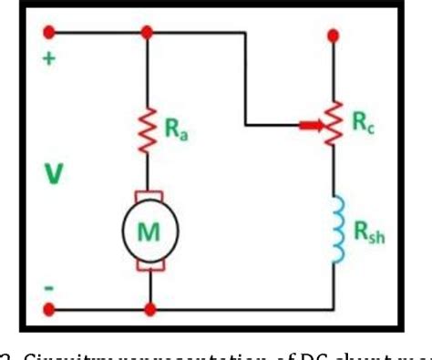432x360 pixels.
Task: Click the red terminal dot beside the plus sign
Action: pyautogui.click(x=49, y=33)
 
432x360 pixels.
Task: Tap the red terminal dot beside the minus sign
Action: pyautogui.click(x=49, y=309)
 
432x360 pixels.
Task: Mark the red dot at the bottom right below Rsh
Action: pyautogui.click(x=334, y=309)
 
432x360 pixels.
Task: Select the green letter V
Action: pyautogui.click(x=51, y=173)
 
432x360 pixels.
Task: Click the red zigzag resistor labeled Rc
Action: pyautogui.click(x=334, y=123)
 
